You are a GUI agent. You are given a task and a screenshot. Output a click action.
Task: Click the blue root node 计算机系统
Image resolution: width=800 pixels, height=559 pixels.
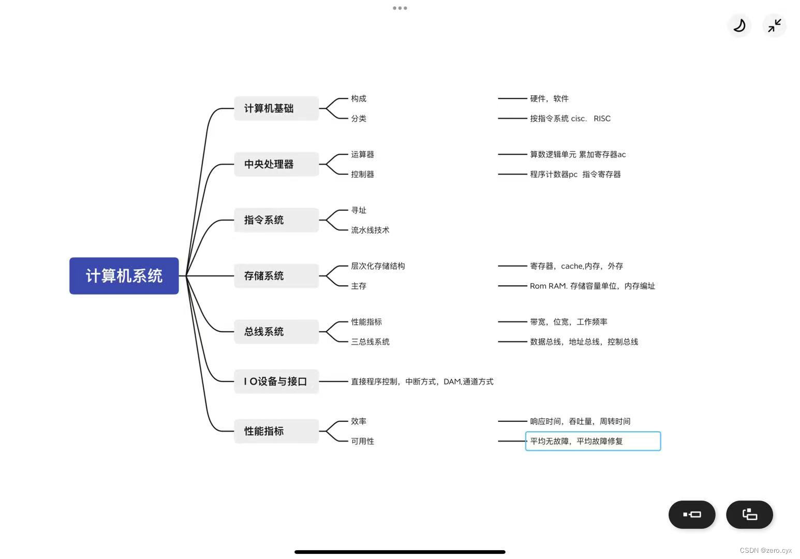[124, 276]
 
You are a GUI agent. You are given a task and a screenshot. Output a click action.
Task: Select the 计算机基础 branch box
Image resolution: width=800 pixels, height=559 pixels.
[276, 108]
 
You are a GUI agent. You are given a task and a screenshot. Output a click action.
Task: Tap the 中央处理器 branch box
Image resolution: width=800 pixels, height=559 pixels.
[276, 164]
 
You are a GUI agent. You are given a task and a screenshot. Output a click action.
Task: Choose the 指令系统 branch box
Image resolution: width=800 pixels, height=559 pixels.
[276, 220]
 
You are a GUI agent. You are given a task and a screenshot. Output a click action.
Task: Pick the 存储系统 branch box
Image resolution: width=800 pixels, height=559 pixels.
[276, 276]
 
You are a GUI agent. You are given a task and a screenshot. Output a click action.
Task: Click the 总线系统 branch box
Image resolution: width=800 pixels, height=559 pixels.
[276, 332]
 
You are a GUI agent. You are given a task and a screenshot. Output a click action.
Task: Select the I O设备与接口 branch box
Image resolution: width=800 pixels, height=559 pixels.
[276, 381]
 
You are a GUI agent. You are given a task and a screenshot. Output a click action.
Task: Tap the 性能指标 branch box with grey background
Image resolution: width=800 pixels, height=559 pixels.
[276, 431]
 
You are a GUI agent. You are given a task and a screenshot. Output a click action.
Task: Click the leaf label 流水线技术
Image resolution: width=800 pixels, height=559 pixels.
[370, 230]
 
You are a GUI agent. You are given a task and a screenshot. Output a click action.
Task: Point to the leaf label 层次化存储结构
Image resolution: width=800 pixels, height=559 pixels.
[378, 266]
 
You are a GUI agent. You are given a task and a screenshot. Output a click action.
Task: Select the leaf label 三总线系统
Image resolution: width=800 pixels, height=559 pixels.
[370, 342]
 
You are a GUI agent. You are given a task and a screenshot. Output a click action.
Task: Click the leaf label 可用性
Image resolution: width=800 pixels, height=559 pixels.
[362, 442]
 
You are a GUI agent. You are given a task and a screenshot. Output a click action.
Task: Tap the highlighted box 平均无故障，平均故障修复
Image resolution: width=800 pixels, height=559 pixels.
[593, 442]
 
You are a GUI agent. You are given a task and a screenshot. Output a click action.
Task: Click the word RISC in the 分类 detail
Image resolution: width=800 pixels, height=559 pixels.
[602, 119]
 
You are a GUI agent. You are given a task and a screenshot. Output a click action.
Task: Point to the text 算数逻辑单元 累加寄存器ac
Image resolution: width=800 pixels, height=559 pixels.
[577, 154]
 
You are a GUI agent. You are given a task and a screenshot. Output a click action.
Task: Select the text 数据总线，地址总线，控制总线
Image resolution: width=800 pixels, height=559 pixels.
[584, 342]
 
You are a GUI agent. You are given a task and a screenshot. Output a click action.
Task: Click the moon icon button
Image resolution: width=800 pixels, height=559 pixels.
[739, 25]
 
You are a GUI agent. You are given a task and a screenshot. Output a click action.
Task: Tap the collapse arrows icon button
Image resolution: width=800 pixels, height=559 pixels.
[775, 25]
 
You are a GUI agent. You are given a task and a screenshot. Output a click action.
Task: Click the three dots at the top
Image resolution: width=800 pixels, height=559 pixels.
[400, 8]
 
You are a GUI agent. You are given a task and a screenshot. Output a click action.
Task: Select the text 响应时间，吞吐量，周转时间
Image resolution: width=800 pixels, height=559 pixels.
[580, 421]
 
